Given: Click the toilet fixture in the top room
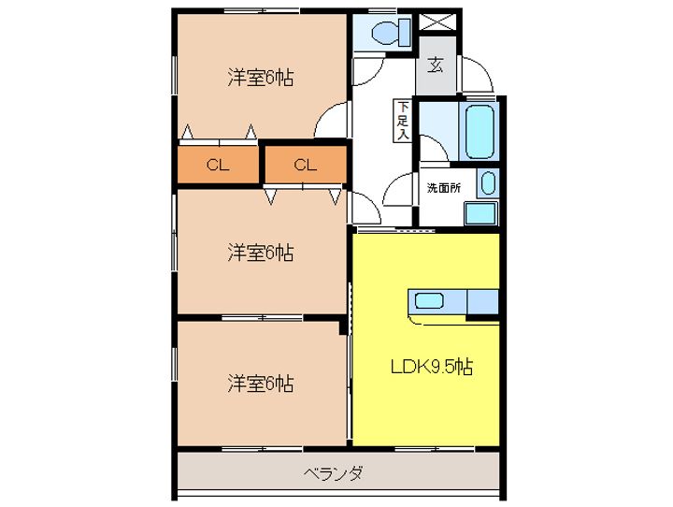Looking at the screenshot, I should point(389,33).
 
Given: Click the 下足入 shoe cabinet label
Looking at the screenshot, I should point(402,120).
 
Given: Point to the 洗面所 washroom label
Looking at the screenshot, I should point(444,187).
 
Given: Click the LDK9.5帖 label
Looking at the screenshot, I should point(431,367).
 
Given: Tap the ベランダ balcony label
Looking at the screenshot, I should point(333,472).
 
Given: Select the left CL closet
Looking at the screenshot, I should point(218,166).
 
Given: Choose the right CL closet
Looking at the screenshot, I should point(306,166).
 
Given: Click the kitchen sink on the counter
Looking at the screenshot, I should point(429,301).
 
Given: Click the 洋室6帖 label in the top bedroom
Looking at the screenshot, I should point(260,79).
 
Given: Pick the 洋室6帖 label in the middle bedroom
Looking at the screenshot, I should point(260,252).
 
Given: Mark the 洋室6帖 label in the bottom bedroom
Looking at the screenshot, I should point(260,383).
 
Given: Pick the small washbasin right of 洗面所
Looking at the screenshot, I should point(488,182).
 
